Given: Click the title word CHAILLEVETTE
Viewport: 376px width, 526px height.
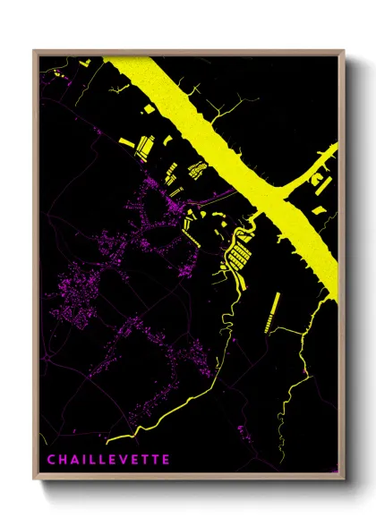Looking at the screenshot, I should [x=107, y=460].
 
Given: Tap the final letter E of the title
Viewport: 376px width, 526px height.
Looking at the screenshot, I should [x=165, y=460].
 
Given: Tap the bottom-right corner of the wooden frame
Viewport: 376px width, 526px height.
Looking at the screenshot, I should [x=344, y=479].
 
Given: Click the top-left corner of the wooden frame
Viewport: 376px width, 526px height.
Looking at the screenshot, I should [x=34, y=51].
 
